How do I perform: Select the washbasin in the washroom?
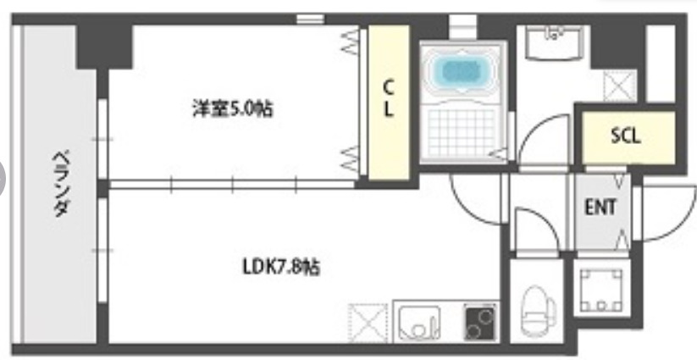(x=554, y=42)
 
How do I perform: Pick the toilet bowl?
(x=535, y=310)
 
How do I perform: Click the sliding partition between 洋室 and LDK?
(x=233, y=183)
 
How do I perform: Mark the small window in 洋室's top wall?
(x=311, y=18)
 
